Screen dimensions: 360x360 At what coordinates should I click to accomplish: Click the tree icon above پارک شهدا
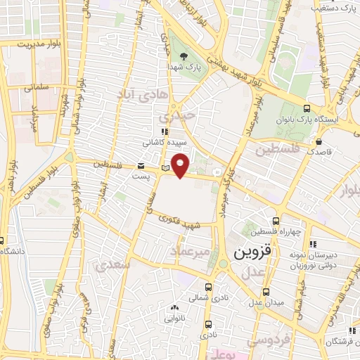click(184, 56)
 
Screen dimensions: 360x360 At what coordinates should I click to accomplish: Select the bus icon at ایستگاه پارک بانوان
click(307, 108)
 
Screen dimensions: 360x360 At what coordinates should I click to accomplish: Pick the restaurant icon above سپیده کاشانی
click(165, 131)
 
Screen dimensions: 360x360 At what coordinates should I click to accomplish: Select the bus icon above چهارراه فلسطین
click(284, 221)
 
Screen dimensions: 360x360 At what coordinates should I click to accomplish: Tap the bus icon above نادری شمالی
click(208, 287)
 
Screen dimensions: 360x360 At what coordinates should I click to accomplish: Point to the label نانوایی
click(174, 318)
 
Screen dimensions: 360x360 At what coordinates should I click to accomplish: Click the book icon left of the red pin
click(165, 167)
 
